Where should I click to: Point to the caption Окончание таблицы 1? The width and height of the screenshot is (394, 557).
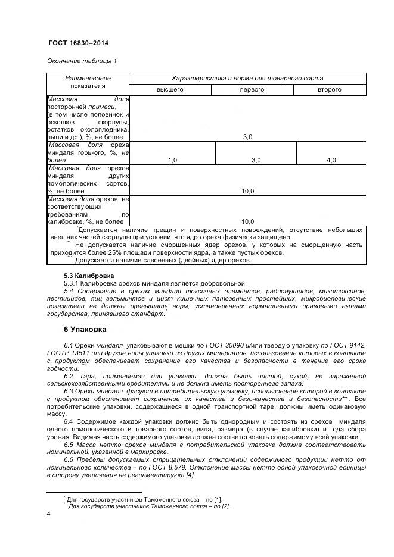coord(82,61)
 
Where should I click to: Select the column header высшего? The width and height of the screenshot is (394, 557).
coord(170,89)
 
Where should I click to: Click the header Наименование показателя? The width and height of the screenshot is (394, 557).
coord(88,82)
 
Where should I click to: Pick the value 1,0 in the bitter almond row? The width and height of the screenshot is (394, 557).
coord(172,160)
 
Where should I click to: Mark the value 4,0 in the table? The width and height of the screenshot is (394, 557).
coord(331,160)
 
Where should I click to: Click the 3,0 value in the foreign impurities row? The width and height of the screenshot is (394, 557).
coord(247,137)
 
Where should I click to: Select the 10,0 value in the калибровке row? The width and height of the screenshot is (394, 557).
coord(247,221)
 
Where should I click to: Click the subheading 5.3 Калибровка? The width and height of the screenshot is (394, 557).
coord(89,275)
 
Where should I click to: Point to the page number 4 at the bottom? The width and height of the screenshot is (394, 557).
coord(48,513)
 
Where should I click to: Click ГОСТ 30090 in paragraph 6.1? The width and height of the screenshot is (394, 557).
coord(223,345)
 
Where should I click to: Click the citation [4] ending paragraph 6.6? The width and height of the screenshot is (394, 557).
coord(191,475)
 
